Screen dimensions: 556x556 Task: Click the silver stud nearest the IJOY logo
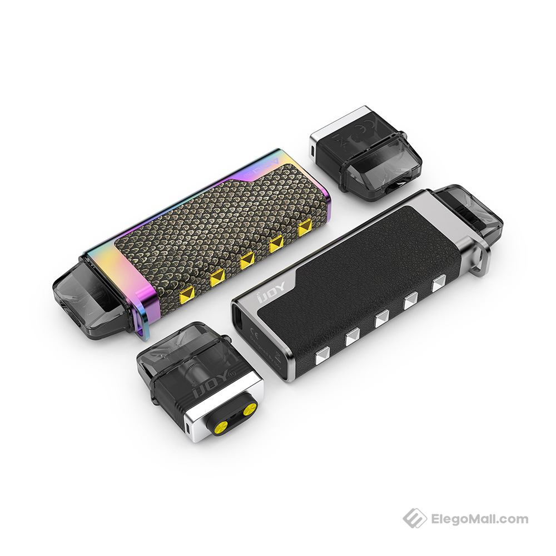(321, 356)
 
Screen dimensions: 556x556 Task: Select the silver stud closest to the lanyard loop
(439, 284)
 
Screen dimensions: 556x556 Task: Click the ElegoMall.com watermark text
(480, 519)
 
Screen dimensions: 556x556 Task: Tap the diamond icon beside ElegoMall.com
(414, 518)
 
